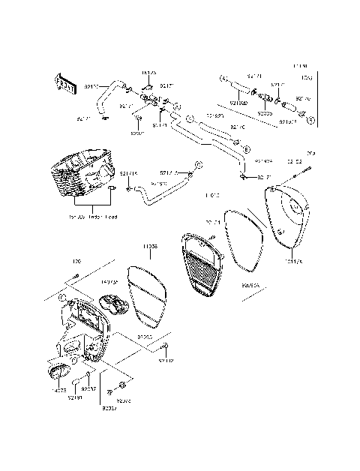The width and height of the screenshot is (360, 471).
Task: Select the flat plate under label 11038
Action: [148, 294]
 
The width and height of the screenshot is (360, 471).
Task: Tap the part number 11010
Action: [211, 196]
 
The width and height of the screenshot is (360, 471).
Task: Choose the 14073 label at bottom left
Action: [58, 389]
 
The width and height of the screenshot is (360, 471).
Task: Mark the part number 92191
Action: [73, 397]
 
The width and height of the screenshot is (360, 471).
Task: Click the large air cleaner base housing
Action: [84, 334]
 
